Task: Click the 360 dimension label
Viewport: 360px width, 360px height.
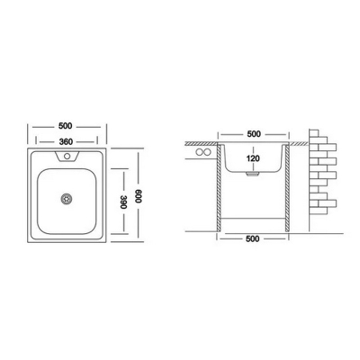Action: point(66,141)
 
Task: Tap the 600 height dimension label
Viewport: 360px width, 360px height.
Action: point(138,196)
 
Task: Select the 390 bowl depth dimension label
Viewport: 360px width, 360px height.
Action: point(124,202)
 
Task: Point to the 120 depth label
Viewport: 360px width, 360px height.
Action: point(253,158)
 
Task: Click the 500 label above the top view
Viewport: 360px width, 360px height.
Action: point(66,126)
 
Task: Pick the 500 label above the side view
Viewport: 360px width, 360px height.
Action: point(254,134)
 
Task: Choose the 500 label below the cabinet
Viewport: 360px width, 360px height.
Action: point(253,238)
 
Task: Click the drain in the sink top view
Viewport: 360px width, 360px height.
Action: point(67,199)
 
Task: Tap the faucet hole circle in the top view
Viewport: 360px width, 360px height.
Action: point(67,156)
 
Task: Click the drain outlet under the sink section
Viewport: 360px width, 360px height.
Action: point(253,175)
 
